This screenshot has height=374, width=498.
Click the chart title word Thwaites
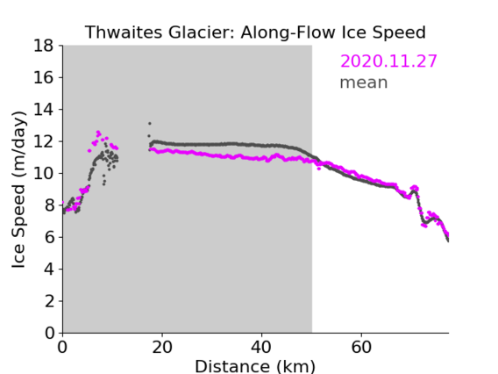(125, 32)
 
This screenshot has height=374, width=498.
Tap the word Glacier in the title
(202, 32)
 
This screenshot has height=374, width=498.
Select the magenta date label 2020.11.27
(388, 61)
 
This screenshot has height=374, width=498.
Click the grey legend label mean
(364, 83)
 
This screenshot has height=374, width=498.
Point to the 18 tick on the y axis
(44, 46)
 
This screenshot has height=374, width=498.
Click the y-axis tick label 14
(44, 110)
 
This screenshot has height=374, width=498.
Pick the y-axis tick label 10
(44, 173)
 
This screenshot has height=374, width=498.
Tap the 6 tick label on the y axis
(49, 237)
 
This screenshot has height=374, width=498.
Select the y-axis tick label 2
(49, 301)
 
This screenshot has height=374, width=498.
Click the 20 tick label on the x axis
(162, 347)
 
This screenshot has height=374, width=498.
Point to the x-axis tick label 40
(261, 347)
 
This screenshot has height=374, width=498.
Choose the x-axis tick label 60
(361, 347)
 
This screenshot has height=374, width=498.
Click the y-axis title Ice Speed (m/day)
(18, 190)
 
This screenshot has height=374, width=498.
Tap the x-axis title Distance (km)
(255, 366)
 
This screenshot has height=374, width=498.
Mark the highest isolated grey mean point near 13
(150, 124)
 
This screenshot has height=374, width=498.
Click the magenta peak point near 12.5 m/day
(98, 132)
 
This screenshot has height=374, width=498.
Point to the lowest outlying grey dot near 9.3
(103, 184)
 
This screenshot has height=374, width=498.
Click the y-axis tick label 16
(44, 77)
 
